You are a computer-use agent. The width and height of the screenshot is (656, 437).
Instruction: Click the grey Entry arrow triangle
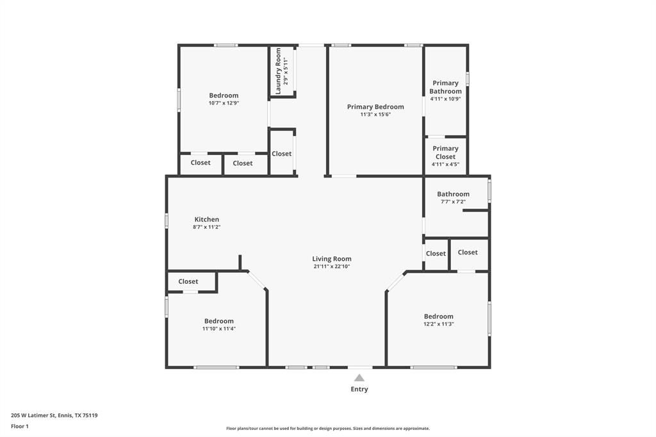tap(359, 378)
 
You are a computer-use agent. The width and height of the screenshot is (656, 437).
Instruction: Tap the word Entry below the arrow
tap(359, 389)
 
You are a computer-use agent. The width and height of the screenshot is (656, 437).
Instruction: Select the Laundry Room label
tap(279, 71)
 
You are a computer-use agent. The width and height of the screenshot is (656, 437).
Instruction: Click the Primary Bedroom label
tap(375, 107)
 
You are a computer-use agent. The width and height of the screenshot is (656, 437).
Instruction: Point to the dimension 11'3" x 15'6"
tap(375, 115)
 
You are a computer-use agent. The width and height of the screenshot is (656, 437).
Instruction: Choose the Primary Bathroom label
tap(445, 87)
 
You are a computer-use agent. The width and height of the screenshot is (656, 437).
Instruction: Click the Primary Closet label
tap(445, 153)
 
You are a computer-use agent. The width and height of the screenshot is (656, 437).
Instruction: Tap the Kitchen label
tap(207, 219)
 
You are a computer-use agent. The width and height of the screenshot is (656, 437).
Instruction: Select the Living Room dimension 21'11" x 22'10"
tap(332, 267)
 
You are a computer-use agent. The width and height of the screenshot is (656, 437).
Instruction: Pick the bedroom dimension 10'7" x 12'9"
tap(224, 103)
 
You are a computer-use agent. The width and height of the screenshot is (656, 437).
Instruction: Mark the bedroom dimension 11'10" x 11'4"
tap(219, 329)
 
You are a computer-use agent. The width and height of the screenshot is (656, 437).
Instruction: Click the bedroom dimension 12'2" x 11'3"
tap(439, 324)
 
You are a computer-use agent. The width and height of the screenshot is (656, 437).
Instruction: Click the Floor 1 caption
tap(20, 426)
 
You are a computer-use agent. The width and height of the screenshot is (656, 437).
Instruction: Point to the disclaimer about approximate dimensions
tap(328, 429)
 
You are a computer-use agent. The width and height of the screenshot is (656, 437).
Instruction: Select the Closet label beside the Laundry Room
tap(281, 154)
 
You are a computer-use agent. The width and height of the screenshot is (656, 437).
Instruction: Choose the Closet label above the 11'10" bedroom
tap(188, 281)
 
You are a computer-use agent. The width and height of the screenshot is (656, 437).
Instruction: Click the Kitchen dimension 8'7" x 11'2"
tap(207, 227)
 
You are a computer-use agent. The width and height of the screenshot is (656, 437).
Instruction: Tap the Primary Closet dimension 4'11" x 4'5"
tap(445, 165)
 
